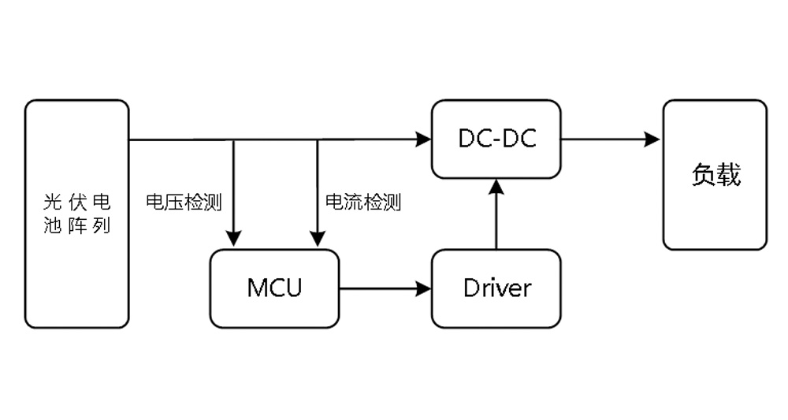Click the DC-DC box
496,139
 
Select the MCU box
274,288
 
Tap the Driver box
496,288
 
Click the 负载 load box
715,174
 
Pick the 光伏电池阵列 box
76,214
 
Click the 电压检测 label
184,203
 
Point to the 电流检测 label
363,203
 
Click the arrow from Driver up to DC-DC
496,217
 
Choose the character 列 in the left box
99,227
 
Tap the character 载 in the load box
729,174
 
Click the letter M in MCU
256,288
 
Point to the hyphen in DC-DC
496,140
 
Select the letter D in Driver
471,288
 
